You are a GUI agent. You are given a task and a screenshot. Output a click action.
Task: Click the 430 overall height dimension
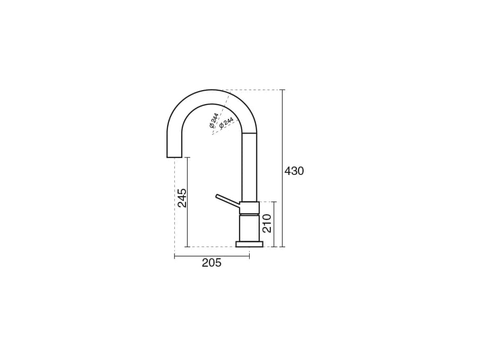pos(294,171)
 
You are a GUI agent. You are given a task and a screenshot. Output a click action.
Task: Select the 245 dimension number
pos(182,198)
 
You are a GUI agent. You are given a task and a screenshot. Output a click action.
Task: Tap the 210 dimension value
pos(267,223)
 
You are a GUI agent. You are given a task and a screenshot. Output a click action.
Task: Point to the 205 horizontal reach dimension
pos(211,262)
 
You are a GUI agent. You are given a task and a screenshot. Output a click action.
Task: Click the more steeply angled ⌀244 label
pos(214,120)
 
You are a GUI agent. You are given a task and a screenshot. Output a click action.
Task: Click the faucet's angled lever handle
pos(227,200)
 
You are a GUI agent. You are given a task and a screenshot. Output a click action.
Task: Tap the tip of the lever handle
pos(216,196)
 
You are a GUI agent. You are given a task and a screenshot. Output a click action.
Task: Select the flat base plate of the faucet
pos(250,244)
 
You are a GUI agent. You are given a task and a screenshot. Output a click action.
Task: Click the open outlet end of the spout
pos(174,157)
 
